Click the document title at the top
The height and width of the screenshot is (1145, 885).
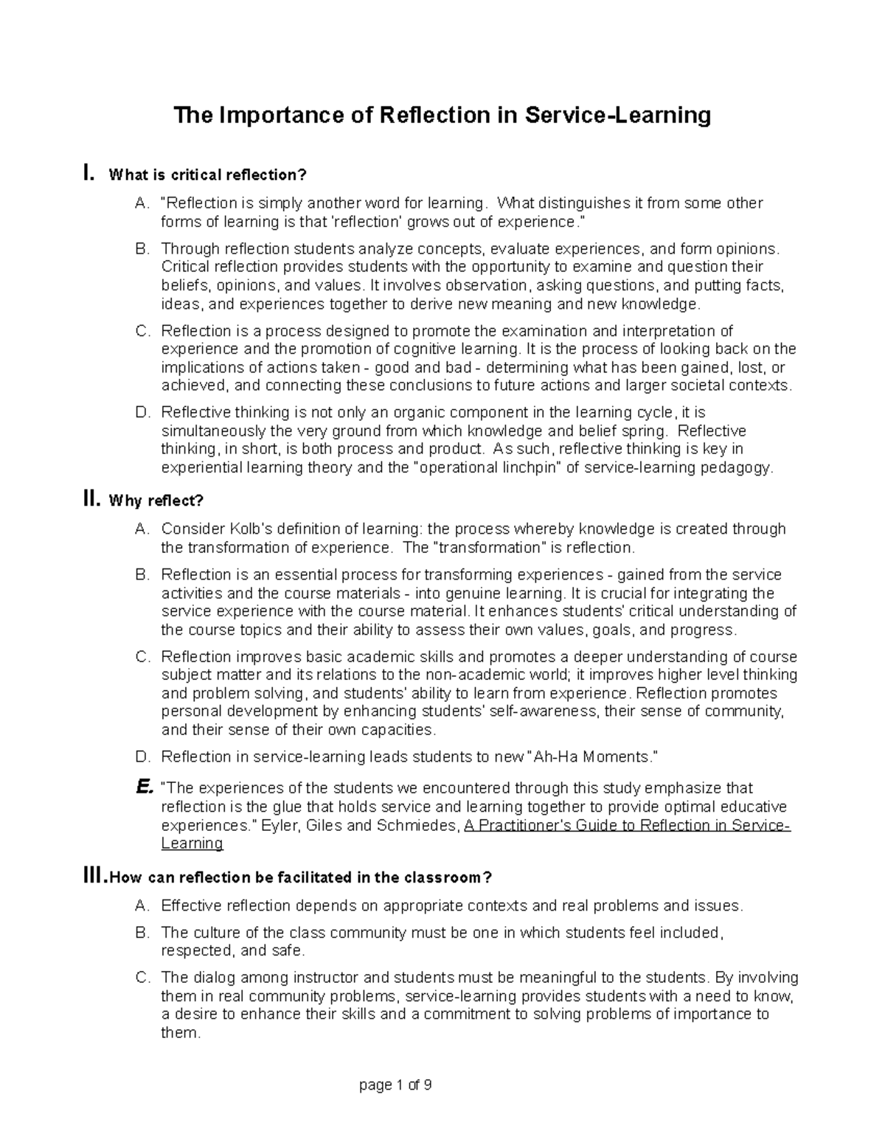[442, 116]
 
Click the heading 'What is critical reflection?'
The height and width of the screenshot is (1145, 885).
[206, 175]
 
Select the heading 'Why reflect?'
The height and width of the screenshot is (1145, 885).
[156, 501]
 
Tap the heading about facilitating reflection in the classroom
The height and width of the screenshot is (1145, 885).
[300, 877]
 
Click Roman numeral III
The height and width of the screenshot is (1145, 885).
[95, 877]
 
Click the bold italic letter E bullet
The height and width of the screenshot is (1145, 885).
[144, 787]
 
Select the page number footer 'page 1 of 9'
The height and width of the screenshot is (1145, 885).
[395, 1085]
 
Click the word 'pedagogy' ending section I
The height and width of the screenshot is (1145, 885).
[740, 467]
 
